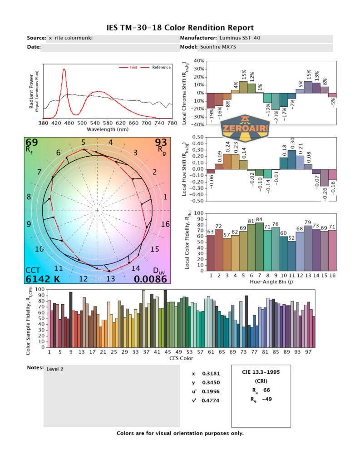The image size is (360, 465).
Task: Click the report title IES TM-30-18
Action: point(180,28)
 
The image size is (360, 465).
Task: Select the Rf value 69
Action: point(32,143)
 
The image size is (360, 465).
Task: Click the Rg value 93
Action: point(161,143)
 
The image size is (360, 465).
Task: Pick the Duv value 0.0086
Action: point(152,279)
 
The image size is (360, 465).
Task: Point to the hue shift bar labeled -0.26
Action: point(324,178)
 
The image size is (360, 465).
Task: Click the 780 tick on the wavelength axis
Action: point(172,123)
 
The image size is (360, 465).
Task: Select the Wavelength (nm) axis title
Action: point(108,129)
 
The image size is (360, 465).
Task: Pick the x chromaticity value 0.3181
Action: point(209,374)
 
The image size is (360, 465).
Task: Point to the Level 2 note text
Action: point(55,369)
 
